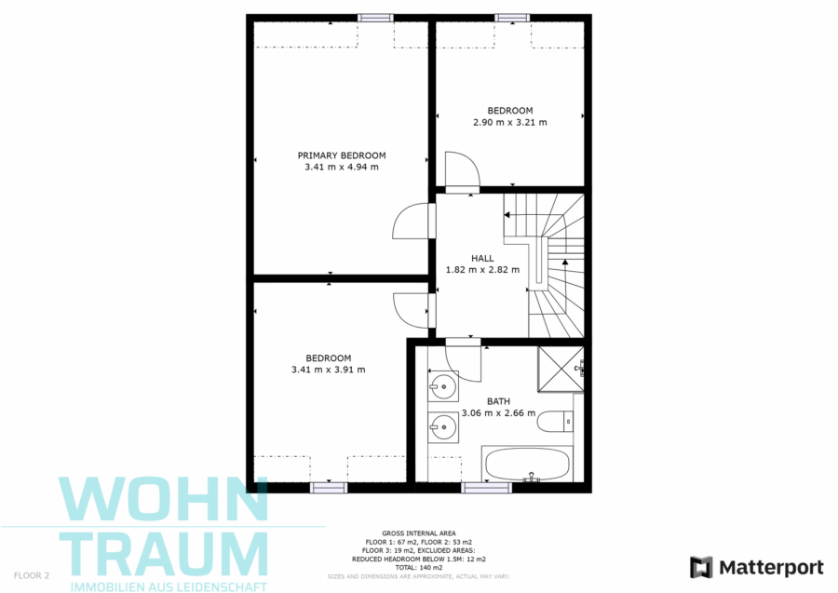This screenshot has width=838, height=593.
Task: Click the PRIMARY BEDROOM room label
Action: [342, 155]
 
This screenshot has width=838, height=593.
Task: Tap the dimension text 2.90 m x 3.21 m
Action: [510, 122]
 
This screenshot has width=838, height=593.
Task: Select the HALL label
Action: [482, 259]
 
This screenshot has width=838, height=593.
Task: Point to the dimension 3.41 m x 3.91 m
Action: [328, 370]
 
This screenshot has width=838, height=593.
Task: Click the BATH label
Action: [498, 401]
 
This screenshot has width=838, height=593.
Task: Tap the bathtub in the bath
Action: [527, 464]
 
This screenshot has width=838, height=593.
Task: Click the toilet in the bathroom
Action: [555, 422]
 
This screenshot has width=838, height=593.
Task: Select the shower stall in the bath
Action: [561, 370]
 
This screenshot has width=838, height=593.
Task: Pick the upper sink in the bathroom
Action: [443, 385]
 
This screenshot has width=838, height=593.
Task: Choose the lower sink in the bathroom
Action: [443, 427]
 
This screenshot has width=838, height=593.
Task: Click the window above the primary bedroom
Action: [375, 18]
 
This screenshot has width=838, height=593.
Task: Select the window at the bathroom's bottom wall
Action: [486, 487]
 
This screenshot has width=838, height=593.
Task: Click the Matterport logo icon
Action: [701, 567]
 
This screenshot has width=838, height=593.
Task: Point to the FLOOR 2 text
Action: [32, 576]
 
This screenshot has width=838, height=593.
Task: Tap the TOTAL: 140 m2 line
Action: [419, 568]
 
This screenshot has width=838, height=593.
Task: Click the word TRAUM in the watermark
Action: [164, 554]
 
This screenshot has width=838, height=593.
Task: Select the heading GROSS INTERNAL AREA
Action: [419, 533]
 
